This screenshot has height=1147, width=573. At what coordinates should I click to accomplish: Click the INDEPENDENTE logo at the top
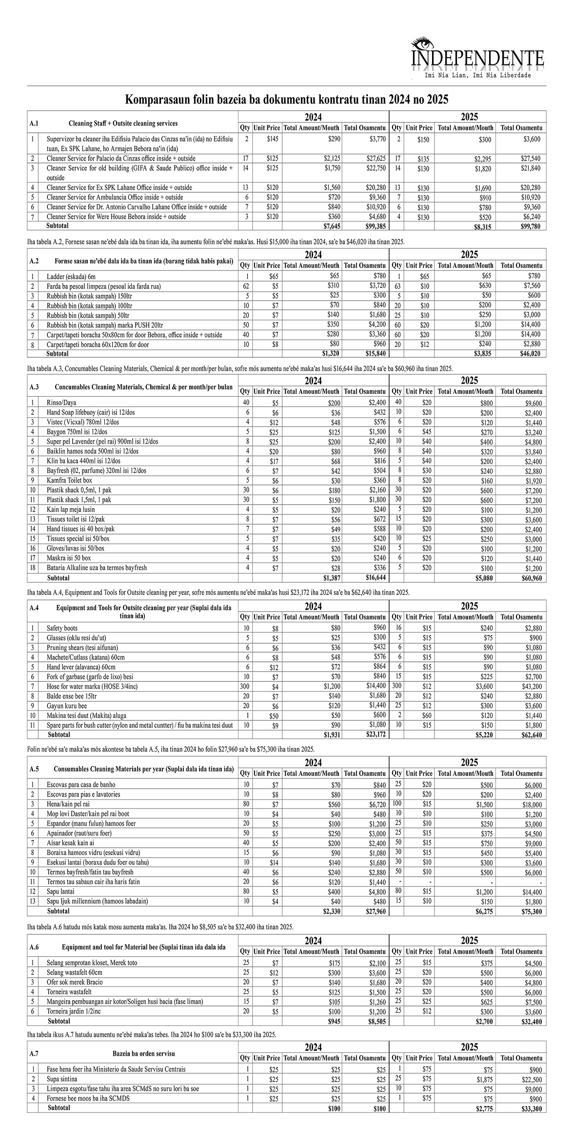[x=477, y=58]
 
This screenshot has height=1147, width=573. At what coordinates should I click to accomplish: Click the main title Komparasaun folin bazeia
[x=287, y=100]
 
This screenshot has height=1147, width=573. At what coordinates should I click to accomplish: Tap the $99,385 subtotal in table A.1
[x=376, y=226]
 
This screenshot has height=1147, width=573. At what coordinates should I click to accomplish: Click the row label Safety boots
[x=62, y=628]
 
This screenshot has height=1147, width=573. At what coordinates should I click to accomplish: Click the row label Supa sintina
[x=62, y=1079]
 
